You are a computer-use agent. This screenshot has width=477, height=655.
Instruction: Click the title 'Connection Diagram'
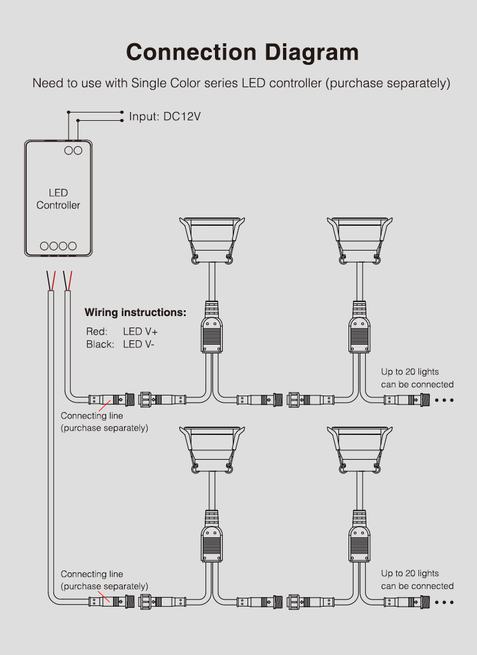(x=242, y=52)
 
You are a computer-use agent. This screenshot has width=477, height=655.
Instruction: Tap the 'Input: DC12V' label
(x=165, y=117)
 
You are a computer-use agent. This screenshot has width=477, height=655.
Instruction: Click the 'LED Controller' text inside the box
(x=58, y=199)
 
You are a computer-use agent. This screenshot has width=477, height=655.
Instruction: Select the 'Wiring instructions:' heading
(x=135, y=313)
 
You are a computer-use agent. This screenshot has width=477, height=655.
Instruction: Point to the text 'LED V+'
(x=141, y=331)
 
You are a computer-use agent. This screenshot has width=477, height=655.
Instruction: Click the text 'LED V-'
(x=139, y=344)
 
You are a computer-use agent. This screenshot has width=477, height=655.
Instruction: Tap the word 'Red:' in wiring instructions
(x=97, y=331)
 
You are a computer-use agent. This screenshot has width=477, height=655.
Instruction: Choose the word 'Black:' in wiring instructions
(x=100, y=344)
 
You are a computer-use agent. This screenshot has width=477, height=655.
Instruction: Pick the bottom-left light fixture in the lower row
(x=212, y=448)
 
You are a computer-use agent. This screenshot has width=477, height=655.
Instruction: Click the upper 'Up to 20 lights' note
(x=410, y=372)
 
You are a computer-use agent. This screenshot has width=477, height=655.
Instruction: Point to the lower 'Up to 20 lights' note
(x=410, y=574)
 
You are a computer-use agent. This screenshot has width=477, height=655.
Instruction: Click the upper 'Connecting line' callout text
(x=92, y=416)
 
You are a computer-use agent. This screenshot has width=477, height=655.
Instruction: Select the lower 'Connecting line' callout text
(x=92, y=574)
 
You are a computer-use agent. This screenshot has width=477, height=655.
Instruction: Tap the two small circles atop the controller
(x=73, y=150)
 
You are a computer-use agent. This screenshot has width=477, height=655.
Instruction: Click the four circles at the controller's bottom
(x=58, y=245)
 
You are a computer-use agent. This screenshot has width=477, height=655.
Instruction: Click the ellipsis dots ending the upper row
(x=444, y=400)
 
